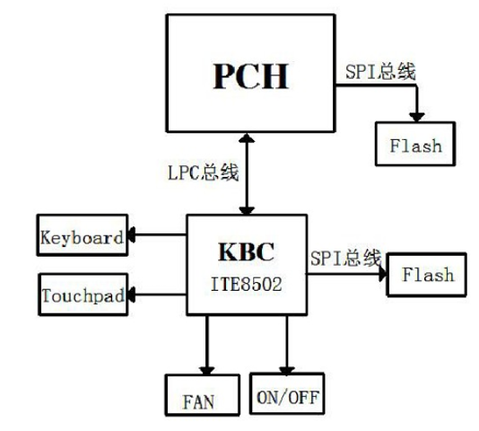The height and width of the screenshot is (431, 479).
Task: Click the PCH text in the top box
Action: (x=250, y=76)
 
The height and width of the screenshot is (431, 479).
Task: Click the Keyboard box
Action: (x=82, y=238)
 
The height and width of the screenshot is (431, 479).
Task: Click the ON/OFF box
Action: (x=287, y=394)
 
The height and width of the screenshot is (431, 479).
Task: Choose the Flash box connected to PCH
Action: (x=415, y=145)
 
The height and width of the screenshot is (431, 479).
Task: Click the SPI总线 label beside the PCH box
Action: (x=379, y=72)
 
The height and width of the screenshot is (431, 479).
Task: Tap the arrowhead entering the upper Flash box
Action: (x=415, y=117)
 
